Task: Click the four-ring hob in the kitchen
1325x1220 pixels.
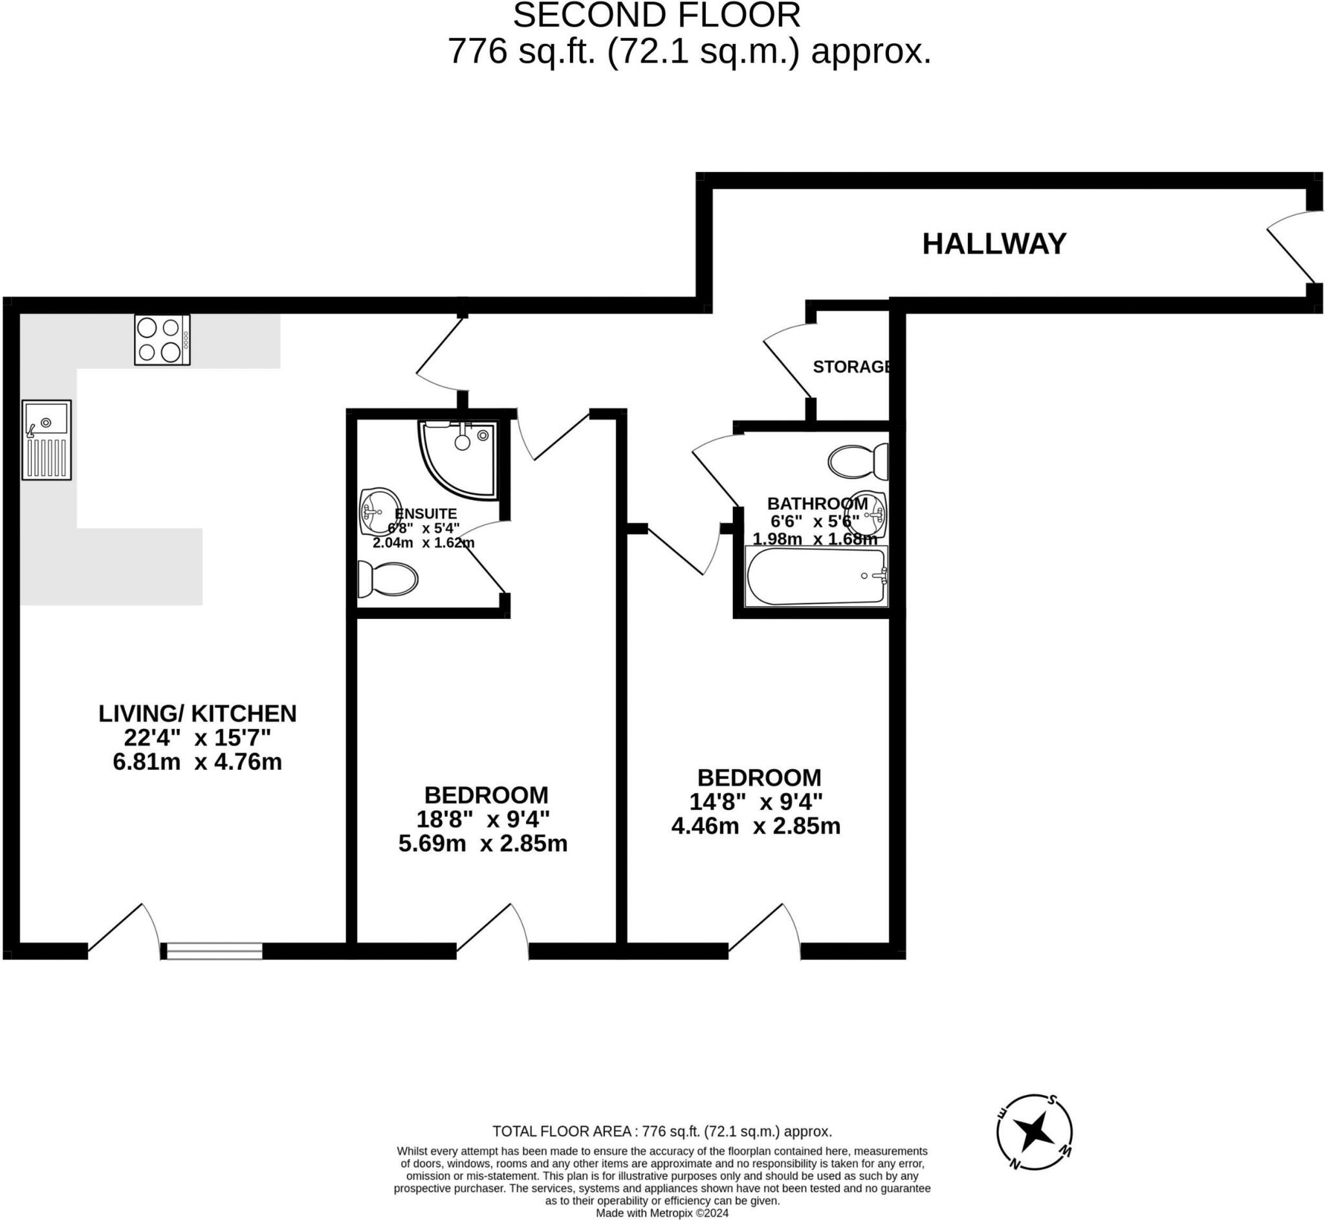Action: (x=162, y=340)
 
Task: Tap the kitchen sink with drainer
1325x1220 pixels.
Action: (x=46, y=439)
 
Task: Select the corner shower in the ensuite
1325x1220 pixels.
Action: (x=462, y=455)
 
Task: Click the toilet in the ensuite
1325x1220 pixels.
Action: (x=388, y=579)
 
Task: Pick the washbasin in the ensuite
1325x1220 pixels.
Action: (x=379, y=512)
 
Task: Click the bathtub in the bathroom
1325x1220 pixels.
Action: (x=816, y=576)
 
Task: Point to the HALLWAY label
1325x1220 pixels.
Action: (x=994, y=244)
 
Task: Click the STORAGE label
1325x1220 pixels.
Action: (x=851, y=366)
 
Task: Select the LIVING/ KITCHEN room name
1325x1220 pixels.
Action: (x=197, y=713)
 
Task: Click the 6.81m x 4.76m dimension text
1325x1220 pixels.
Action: (x=197, y=761)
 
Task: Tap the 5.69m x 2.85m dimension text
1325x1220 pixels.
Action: (x=483, y=843)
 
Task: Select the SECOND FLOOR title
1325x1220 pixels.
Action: (x=656, y=16)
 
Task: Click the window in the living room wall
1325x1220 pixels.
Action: (x=214, y=951)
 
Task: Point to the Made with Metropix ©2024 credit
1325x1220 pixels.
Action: (x=662, y=1213)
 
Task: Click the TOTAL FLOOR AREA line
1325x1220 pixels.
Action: (x=662, y=1131)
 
